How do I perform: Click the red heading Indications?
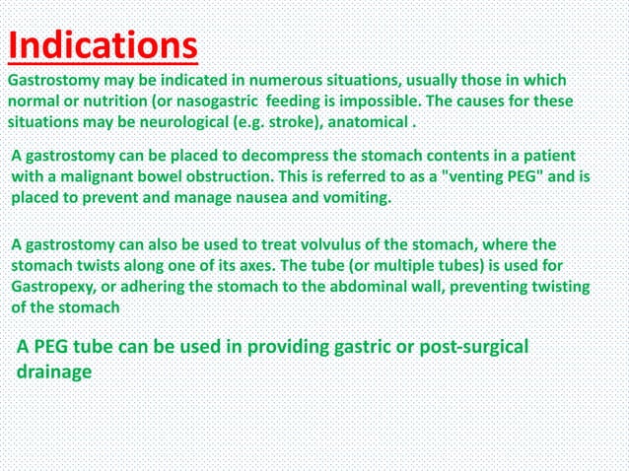click(x=103, y=44)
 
